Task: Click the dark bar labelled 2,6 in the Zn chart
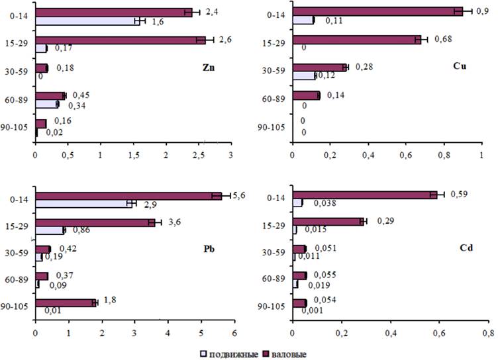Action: [120, 40]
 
